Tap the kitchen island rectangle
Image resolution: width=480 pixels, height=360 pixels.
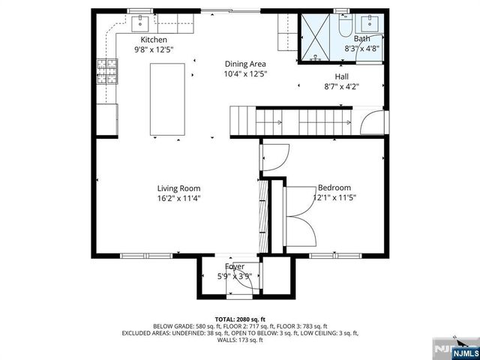click(168, 100)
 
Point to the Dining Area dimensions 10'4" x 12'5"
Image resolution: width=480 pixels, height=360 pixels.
click(246, 74)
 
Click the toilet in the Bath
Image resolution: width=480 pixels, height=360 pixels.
click(344, 26)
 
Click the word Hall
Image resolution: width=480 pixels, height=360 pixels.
click(341, 76)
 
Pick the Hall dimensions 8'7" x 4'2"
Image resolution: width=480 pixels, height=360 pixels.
click(341, 86)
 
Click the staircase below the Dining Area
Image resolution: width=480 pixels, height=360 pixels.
click(255, 120)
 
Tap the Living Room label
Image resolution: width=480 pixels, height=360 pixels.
click(178, 188)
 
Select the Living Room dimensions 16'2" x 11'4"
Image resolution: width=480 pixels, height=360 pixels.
click(178, 199)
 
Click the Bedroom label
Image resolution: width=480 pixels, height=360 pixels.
click(334, 188)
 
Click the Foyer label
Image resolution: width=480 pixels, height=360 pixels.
click(235, 266)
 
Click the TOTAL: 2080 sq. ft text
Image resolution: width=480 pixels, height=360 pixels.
click(240, 319)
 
